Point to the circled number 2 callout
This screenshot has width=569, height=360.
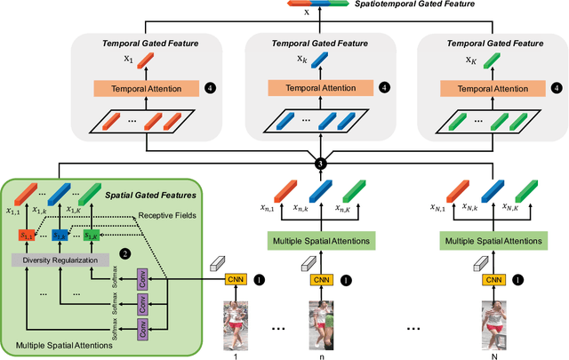[x=125, y=254]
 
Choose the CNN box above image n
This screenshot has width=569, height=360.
[x=322, y=279]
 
